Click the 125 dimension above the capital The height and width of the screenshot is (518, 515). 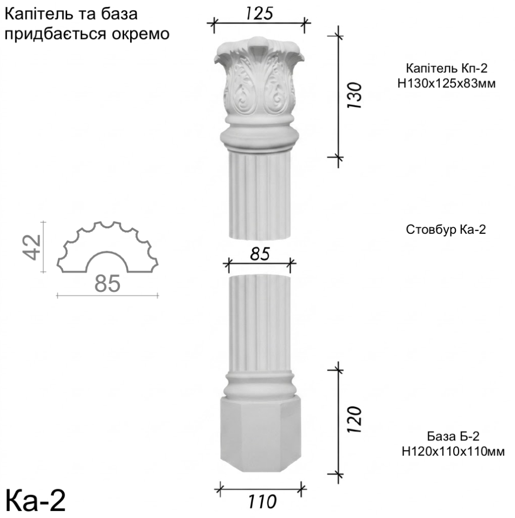point(259,14)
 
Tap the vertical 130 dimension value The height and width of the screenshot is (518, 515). point(355,95)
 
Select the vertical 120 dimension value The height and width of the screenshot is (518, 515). point(355,420)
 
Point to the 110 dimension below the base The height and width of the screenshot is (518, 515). point(262,502)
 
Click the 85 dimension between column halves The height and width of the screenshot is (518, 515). point(260,254)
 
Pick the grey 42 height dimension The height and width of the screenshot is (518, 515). point(32,247)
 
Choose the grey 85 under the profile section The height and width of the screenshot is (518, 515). point(107,284)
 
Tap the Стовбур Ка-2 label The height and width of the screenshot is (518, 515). point(446,229)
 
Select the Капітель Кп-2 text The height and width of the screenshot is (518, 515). point(446,68)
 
